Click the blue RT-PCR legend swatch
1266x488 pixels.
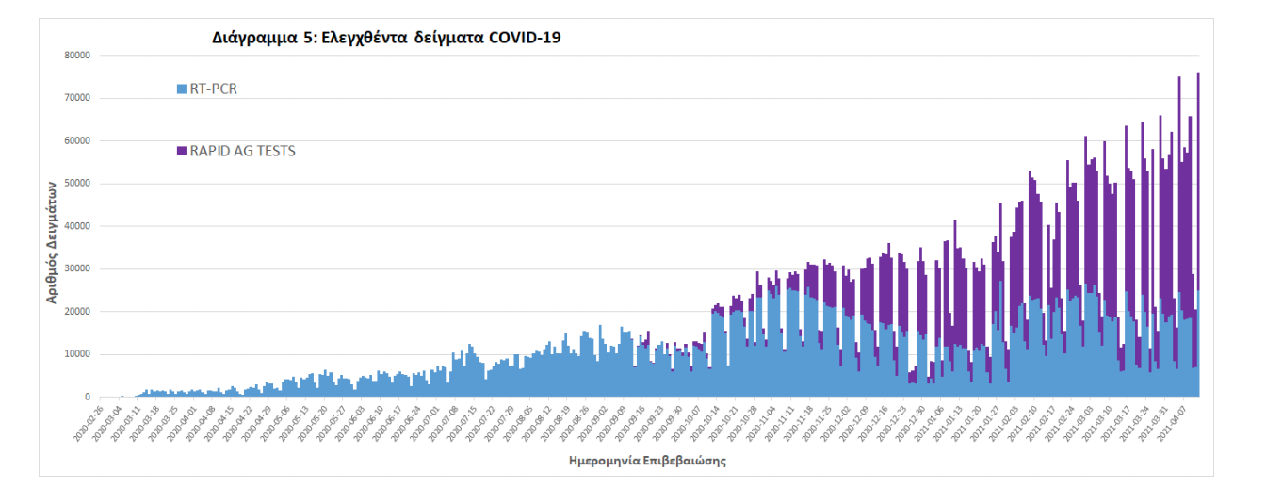[182, 89]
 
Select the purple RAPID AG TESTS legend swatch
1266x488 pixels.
[182, 151]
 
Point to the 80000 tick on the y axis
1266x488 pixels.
[75, 56]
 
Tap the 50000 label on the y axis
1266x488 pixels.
[75, 184]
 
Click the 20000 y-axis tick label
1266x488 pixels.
[75, 312]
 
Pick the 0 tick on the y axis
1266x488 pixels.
[85, 398]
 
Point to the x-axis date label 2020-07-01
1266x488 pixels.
[421, 422]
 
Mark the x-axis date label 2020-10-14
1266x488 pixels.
[706, 422]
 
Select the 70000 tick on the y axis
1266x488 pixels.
[75, 98]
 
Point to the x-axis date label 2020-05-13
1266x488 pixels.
[290, 422]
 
